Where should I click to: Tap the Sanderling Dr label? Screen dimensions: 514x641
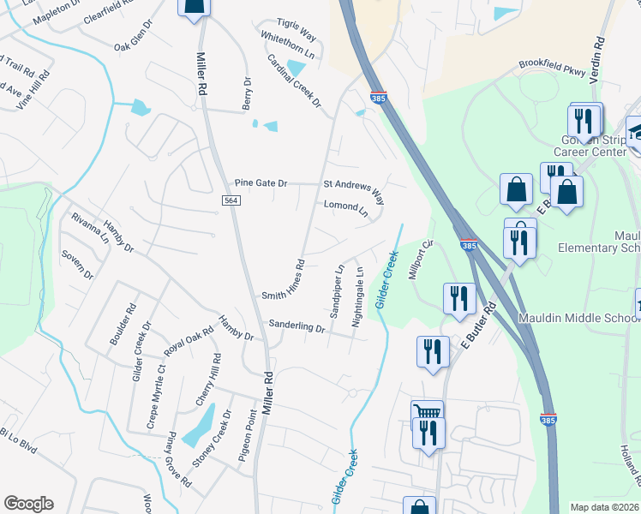click(x=297, y=326)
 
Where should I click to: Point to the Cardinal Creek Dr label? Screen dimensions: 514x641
click(x=293, y=81)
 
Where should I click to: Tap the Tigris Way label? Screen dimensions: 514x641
click(x=296, y=31)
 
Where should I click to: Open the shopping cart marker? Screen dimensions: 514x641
click(x=426, y=413)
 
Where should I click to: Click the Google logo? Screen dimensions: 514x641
click(x=28, y=504)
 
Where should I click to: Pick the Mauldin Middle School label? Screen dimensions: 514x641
click(x=579, y=318)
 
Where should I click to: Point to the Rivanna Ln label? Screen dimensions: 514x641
click(x=90, y=229)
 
